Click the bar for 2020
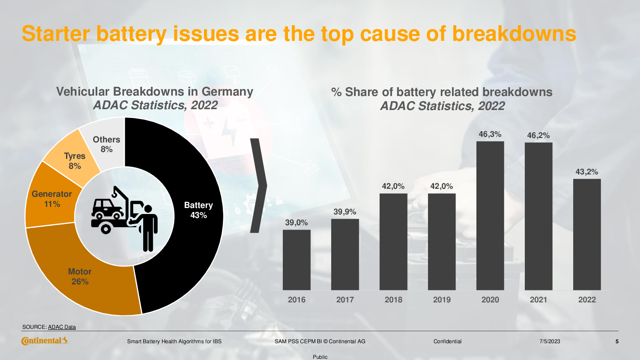coord(490,216)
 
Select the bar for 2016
coord(296,260)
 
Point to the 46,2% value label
coord(538,135)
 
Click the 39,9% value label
coord(345,212)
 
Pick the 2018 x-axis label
coord(393,300)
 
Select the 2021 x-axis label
coord(538,300)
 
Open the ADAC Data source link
coord(62,327)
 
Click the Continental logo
coord(44,341)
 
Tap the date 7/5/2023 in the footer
coord(550,341)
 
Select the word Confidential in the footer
coord(447,341)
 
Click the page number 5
coord(617,341)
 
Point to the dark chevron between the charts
coord(258,186)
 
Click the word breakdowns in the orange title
coord(514,34)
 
